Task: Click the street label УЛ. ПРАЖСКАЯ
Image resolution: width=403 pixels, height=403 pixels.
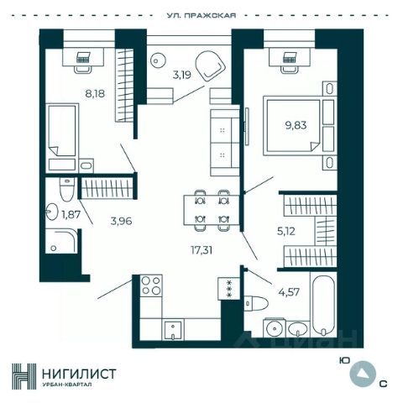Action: click(201, 15)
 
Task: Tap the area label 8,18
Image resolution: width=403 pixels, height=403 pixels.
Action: click(95, 93)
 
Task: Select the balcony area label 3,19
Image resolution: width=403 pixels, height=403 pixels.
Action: click(181, 75)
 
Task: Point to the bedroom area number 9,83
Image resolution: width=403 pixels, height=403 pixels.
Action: click(296, 125)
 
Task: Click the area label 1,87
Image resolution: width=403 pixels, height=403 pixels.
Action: click(71, 215)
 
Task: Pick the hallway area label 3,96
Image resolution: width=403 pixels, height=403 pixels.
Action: click(121, 221)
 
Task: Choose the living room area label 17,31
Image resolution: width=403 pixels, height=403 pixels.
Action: click(201, 250)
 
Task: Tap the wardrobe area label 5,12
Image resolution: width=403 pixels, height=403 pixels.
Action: click(286, 231)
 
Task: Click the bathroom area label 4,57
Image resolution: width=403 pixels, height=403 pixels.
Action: click(289, 292)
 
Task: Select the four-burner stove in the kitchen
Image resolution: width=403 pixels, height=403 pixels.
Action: click(151, 285)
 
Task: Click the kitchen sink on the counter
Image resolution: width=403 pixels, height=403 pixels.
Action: click(173, 330)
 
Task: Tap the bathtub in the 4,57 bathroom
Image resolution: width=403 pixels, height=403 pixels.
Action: click(323, 305)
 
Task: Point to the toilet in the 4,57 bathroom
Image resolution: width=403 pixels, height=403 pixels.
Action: click(256, 304)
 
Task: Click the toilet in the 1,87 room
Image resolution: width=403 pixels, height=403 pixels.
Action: click(67, 189)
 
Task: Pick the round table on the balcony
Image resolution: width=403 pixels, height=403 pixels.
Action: click(158, 60)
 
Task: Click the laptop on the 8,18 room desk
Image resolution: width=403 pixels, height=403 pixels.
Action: click(83, 57)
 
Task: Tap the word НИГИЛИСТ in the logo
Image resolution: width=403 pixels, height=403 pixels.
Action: click(79, 374)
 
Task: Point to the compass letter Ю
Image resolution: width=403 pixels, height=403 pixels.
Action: click(344, 361)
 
